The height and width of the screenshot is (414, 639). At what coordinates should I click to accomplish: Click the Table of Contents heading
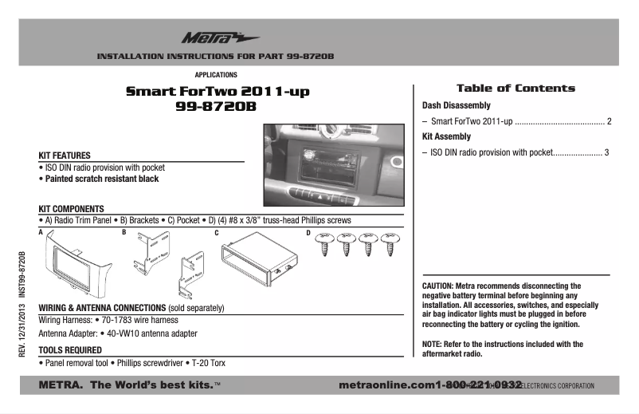coord(515,88)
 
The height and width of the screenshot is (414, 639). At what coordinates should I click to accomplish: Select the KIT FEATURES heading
coord(65,155)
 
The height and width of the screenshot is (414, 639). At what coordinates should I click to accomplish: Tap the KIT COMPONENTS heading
coord(72,208)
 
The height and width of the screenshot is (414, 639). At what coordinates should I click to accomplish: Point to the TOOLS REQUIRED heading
coord(71,349)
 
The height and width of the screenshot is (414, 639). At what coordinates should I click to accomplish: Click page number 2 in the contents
coord(609,122)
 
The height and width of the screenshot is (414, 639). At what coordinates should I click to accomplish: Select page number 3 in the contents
coord(606,152)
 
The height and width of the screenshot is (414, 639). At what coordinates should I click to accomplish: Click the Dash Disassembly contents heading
coord(456,105)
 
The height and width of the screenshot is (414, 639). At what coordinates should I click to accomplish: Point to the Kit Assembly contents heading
coord(446,136)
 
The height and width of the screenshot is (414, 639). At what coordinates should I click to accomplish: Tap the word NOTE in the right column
coord(432,345)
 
